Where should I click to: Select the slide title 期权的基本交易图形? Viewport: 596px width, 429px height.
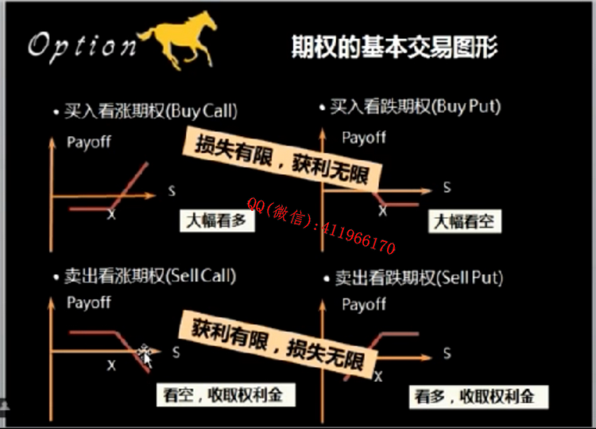tap(394, 47)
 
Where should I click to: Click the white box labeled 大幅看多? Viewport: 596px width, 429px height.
tap(217, 220)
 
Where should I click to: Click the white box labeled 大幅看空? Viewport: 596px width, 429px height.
tap(465, 221)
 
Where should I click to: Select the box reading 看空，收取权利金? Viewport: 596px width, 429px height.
tap(226, 395)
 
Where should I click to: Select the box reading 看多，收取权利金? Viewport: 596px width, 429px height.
tap(478, 396)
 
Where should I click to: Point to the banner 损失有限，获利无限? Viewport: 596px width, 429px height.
tap(281, 160)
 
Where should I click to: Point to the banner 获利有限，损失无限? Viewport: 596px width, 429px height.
tap(278, 345)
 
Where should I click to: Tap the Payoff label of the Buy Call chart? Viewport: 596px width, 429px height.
tap(89, 142)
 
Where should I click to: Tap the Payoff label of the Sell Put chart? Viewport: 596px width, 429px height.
tap(364, 305)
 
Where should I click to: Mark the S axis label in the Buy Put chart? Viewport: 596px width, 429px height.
tap(447, 187)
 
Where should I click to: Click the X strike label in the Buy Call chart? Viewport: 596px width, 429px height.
tap(111, 214)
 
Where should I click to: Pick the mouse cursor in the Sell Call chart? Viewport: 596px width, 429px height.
tap(145, 356)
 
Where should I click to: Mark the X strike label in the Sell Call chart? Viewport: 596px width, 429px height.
tap(111, 365)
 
